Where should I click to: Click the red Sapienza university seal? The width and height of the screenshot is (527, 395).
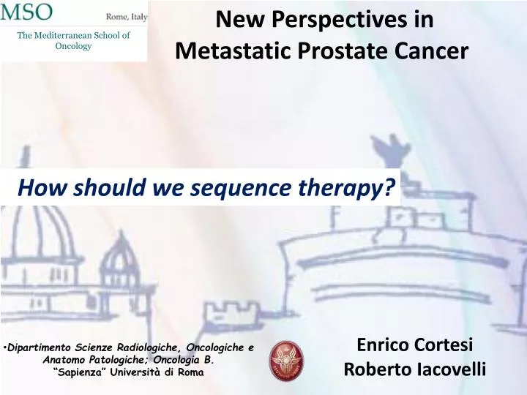coord(286,360)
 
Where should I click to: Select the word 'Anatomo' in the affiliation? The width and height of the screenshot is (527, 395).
coord(64,360)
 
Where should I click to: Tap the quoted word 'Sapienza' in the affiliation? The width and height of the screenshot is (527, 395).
coord(82,372)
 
